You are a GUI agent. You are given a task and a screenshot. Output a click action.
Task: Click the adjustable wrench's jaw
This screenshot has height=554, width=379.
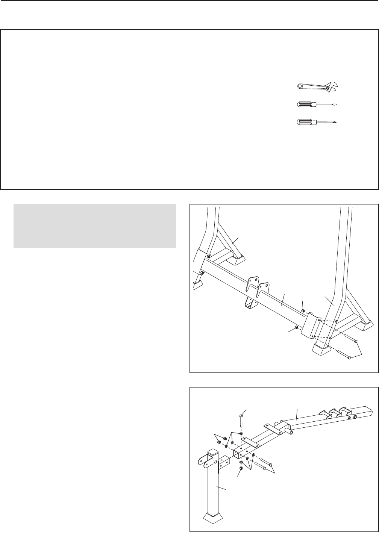(x=333, y=87)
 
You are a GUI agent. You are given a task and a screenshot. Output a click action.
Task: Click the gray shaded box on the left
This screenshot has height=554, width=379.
(x=94, y=226)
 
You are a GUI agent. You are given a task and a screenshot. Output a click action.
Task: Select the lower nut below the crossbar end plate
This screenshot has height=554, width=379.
(x=297, y=327)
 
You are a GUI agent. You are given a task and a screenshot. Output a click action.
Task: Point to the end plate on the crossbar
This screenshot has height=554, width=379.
(x=311, y=326)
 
